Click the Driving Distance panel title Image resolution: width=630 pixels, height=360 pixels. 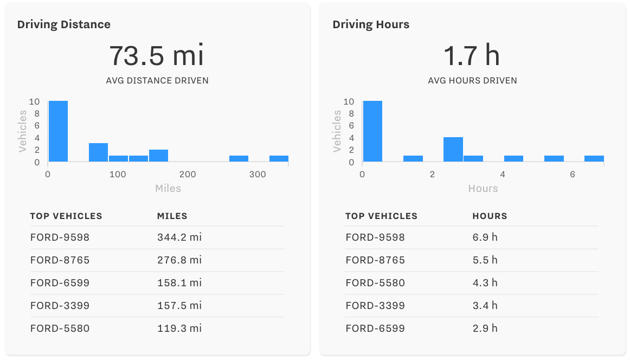(x=63, y=24)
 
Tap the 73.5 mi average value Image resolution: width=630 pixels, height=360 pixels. (x=157, y=55)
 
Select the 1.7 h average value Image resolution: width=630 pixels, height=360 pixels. (x=472, y=55)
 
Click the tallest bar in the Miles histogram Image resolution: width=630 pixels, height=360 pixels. (x=58, y=131)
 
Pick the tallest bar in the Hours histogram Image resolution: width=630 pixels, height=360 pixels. (x=373, y=131)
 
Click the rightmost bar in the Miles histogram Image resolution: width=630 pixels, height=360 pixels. (x=279, y=158)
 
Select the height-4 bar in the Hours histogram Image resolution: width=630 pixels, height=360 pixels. (x=453, y=150)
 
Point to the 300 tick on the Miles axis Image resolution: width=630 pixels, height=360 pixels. (x=258, y=175)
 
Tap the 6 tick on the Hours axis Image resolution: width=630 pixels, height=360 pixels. (x=573, y=175)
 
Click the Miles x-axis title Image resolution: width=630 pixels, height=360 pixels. (x=168, y=188)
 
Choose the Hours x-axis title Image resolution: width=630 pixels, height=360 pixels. (x=483, y=188)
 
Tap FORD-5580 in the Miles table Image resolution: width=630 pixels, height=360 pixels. (x=60, y=329)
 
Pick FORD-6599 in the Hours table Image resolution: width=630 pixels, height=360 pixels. (x=375, y=329)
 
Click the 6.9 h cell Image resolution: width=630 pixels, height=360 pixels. (x=485, y=237)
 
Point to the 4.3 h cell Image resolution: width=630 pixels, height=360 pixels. (x=485, y=283)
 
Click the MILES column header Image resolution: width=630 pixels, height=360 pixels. (x=172, y=216)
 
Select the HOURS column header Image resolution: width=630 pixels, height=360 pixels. (x=490, y=216)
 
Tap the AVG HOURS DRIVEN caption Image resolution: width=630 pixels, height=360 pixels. (x=472, y=81)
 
